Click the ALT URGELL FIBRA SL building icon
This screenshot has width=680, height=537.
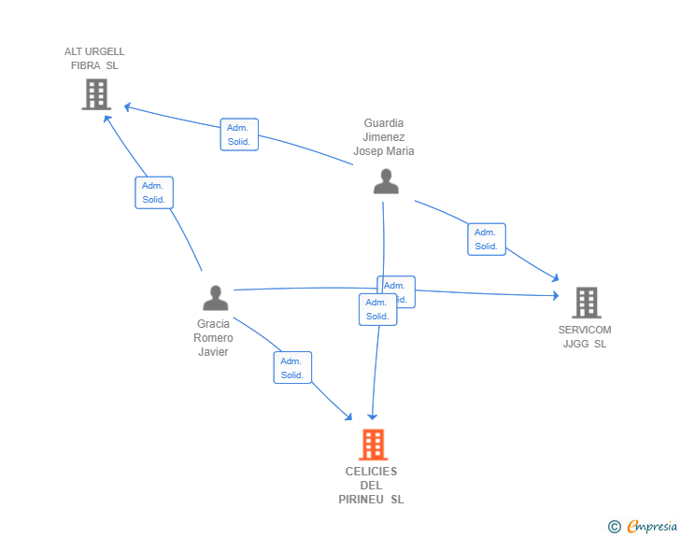[x=96, y=94]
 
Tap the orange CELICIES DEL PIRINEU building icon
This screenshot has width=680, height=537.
[x=373, y=445]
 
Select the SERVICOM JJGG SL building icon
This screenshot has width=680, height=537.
[x=586, y=303]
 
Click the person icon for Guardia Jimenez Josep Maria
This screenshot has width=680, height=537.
[x=386, y=181]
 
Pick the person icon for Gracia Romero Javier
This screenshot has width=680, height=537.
[x=215, y=298]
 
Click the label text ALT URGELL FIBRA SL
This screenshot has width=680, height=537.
[x=94, y=59]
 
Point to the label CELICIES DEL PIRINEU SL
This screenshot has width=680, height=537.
[x=371, y=486]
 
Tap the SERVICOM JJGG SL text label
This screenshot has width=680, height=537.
[x=585, y=336]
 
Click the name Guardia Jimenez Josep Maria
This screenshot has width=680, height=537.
[x=384, y=137]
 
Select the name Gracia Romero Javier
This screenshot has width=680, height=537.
[x=213, y=338]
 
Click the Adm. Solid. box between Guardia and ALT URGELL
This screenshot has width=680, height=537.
[x=239, y=134]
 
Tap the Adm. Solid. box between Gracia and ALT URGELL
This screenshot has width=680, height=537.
[x=153, y=192]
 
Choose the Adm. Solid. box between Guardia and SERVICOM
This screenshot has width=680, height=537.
[x=486, y=239]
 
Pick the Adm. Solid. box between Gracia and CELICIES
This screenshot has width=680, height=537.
[x=292, y=368]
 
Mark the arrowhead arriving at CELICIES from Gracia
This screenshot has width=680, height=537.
[x=348, y=417]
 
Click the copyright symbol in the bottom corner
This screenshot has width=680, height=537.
[x=614, y=527]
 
